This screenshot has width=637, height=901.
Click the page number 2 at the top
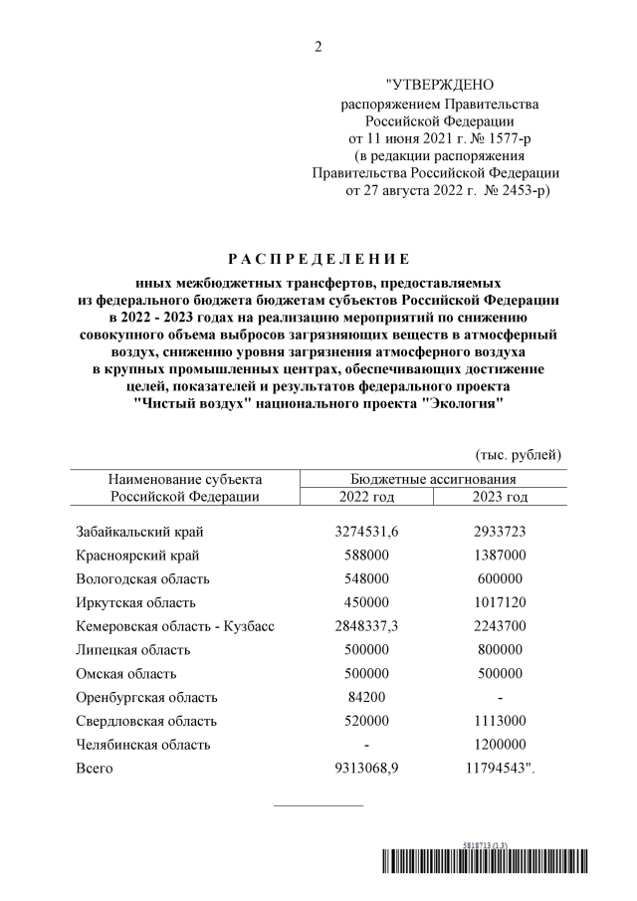pos(318,48)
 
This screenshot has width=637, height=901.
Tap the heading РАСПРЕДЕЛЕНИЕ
pos(318,262)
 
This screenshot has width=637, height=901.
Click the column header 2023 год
pos(502,497)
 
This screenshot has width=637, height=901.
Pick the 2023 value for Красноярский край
pos(502,556)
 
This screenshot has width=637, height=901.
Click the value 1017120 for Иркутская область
pos(502,602)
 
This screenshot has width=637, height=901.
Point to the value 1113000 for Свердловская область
pos(502,721)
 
